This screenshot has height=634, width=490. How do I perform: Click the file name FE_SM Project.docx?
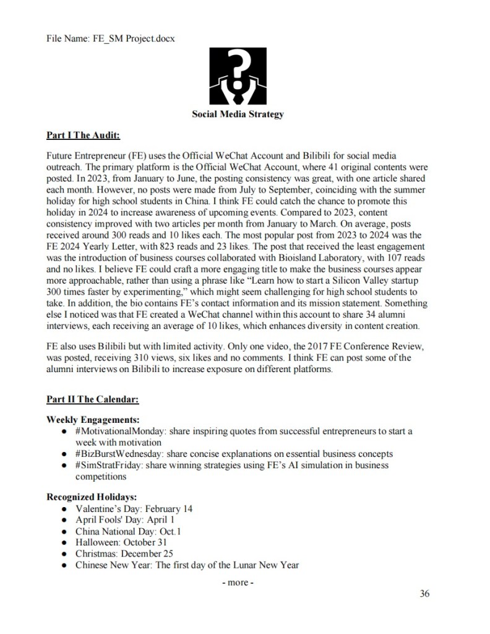tap(111, 39)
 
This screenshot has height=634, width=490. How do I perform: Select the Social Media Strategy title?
tap(238, 114)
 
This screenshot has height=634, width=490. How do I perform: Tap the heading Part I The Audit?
tap(84, 134)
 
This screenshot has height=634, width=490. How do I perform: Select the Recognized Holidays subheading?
tap(91, 497)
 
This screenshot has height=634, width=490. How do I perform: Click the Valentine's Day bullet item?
tap(134, 508)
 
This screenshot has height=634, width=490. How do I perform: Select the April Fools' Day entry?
tap(124, 519)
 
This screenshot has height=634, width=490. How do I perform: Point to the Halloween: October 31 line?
tap(128, 542)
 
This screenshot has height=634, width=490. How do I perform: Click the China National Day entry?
tap(128, 531)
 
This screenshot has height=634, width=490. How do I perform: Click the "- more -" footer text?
tap(238, 583)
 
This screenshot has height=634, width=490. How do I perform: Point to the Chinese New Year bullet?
tap(187, 565)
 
